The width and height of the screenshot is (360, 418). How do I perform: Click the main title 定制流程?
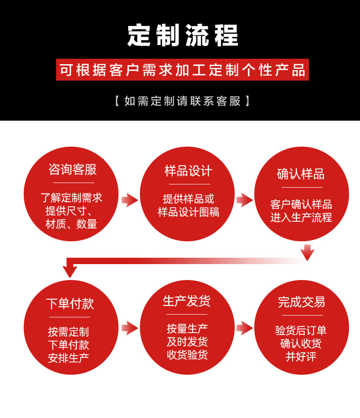click(x=183, y=36)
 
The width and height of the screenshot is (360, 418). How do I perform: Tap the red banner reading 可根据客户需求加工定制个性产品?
click(x=182, y=70)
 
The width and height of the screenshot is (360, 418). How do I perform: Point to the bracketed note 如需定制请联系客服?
click(x=182, y=101)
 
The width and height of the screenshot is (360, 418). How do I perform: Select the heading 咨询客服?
click(x=72, y=170)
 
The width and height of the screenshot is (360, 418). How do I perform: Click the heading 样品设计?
click(x=188, y=171)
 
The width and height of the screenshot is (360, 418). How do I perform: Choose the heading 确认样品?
click(x=301, y=174)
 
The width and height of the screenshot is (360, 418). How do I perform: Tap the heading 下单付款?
click(x=70, y=304)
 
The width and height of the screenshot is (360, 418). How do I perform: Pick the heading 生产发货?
click(x=187, y=301)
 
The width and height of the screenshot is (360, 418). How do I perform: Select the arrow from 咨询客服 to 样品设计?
click(x=129, y=199)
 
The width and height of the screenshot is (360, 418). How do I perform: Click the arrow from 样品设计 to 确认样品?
click(x=245, y=199)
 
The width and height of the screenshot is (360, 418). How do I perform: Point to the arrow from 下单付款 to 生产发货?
click(x=129, y=327)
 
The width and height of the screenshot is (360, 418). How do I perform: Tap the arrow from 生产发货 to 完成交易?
click(x=245, y=327)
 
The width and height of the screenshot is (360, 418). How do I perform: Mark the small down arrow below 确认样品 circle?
click(x=308, y=252)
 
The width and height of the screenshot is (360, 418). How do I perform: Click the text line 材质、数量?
click(x=71, y=224)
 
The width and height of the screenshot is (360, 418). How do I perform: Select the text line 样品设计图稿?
click(x=189, y=212)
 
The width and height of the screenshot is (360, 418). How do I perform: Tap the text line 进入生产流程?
click(x=301, y=218)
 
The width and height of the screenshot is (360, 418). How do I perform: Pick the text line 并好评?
click(x=301, y=357)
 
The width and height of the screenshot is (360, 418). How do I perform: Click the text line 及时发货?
click(x=187, y=342)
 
